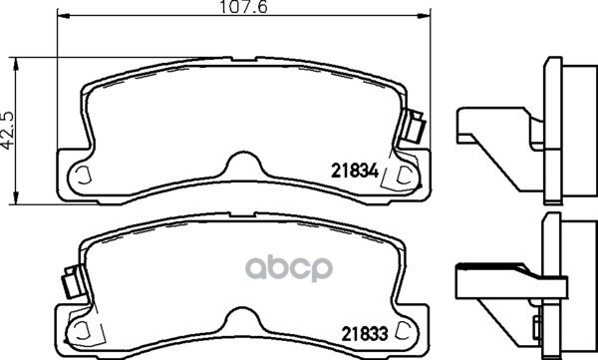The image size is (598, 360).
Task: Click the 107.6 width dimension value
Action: coord(244,7)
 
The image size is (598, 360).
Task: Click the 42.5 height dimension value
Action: coord(7,131)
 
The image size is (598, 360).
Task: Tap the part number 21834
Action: coord(355,171)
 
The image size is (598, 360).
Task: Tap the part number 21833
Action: coord(364,334)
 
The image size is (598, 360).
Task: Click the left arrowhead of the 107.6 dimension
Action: coord(64,16)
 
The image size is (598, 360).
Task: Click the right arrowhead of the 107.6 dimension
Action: coord(424,16)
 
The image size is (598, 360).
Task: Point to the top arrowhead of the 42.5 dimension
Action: coord(16,64)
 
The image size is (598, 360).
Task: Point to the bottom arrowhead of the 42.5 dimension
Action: coord(16,197)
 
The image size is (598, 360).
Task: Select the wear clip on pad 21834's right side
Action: coord(414,126)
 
